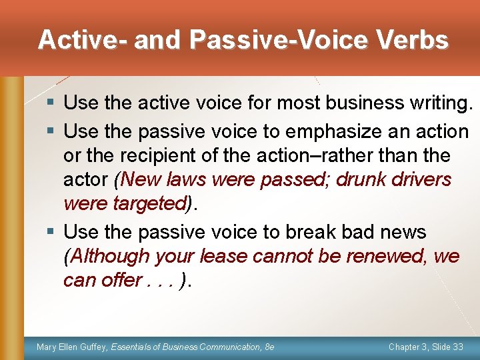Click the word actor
[87, 179]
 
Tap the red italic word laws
[191, 179]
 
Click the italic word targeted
[148, 203]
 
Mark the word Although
[110, 256]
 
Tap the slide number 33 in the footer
[457, 347]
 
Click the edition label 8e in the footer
[269, 347]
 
